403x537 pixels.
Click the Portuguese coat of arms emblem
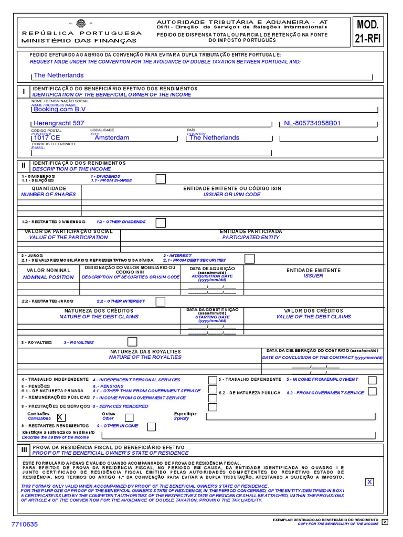tap(81, 23)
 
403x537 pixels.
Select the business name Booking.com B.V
tap(59, 109)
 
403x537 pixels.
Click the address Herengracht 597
tap(59, 123)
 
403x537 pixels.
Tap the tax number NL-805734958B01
tap(312, 123)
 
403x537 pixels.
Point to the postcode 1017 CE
tap(47, 138)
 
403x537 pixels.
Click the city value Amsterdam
tap(111, 138)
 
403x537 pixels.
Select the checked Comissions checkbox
tap(62, 417)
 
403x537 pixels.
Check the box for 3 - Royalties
tap(132, 342)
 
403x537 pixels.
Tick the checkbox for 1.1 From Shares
tap(161, 179)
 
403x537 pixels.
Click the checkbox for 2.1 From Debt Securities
tap(250, 258)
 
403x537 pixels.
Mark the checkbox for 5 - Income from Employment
tap(372, 380)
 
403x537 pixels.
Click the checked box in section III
tap(370, 482)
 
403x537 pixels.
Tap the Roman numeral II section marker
tap(23, 165)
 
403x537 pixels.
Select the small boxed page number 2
tap(385, 522)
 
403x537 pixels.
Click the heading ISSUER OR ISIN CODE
tap(232, 195)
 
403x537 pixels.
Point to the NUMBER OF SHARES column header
tap(48, 195)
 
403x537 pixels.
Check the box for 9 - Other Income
tap(151, 426)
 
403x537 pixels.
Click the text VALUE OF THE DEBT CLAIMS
tap(314, 317)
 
